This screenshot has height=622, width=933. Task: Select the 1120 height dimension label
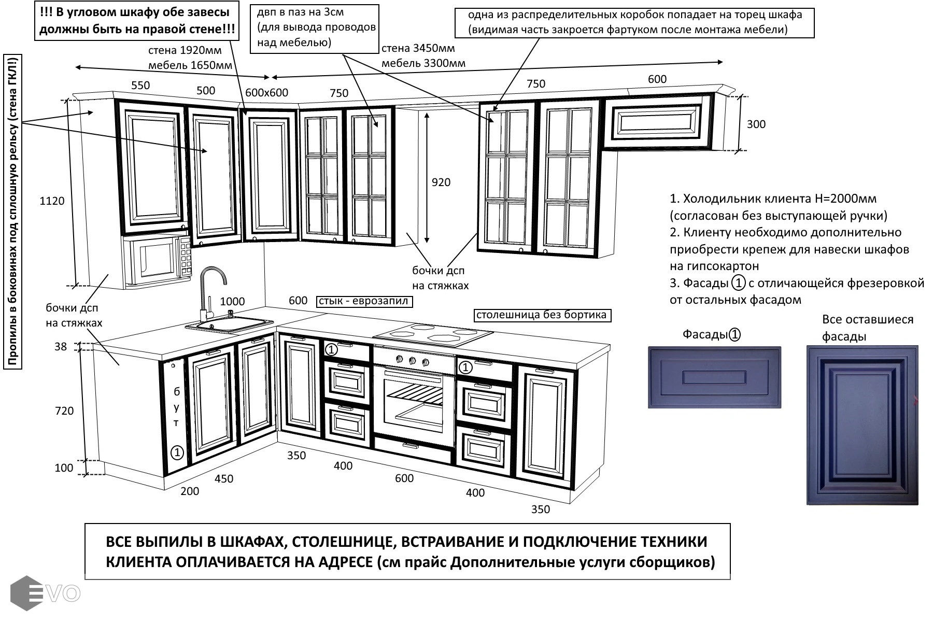tap(52, 201)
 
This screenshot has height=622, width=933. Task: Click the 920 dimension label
tap(441, 182)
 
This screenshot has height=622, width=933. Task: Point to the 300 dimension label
tap(756, 124)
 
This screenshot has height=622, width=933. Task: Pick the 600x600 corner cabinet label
tap(266, 92)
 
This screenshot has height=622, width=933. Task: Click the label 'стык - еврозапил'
tap(364, 301)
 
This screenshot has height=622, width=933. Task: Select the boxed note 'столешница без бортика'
tap(542, 315)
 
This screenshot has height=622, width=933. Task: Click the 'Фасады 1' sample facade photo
tap(714, 377)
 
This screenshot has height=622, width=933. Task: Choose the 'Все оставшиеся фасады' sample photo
tap(863, 425)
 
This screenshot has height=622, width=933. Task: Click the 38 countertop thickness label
tap(61, 346)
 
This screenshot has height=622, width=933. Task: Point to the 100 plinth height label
tap(64, 468)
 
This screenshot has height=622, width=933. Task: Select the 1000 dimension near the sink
tap(232, 301)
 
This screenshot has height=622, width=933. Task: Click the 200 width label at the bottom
tap(190, 491)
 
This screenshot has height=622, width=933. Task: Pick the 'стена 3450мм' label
tap(418, 48)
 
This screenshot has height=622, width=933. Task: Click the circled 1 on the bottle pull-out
tap(177, 453)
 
